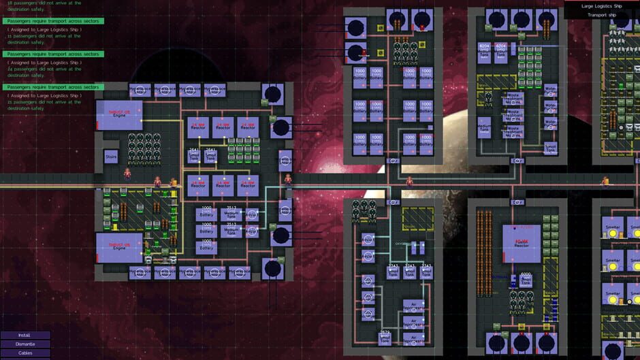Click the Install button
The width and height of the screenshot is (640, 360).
pyautogui.click(x=25, y=335)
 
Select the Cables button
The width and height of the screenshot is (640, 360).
pyautogui.click(x=25, y=353)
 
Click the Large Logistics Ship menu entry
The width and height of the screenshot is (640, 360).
pyautogui.click(x=601, y=5)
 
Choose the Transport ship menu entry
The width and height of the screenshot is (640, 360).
pyautogui.click(x=601, y=14)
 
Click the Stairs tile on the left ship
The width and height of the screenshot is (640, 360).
pyautogui.click(x=112, y=157)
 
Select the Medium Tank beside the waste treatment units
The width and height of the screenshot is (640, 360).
pyautogui.click(x=484, y=127)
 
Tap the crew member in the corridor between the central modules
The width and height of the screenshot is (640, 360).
pyautogui.click(x=409, y=182)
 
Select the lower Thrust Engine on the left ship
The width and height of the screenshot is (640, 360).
pyautogui.click(x=120, y=246)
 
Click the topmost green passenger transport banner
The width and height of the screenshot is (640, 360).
pyautogui.click(x=52, y=21)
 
